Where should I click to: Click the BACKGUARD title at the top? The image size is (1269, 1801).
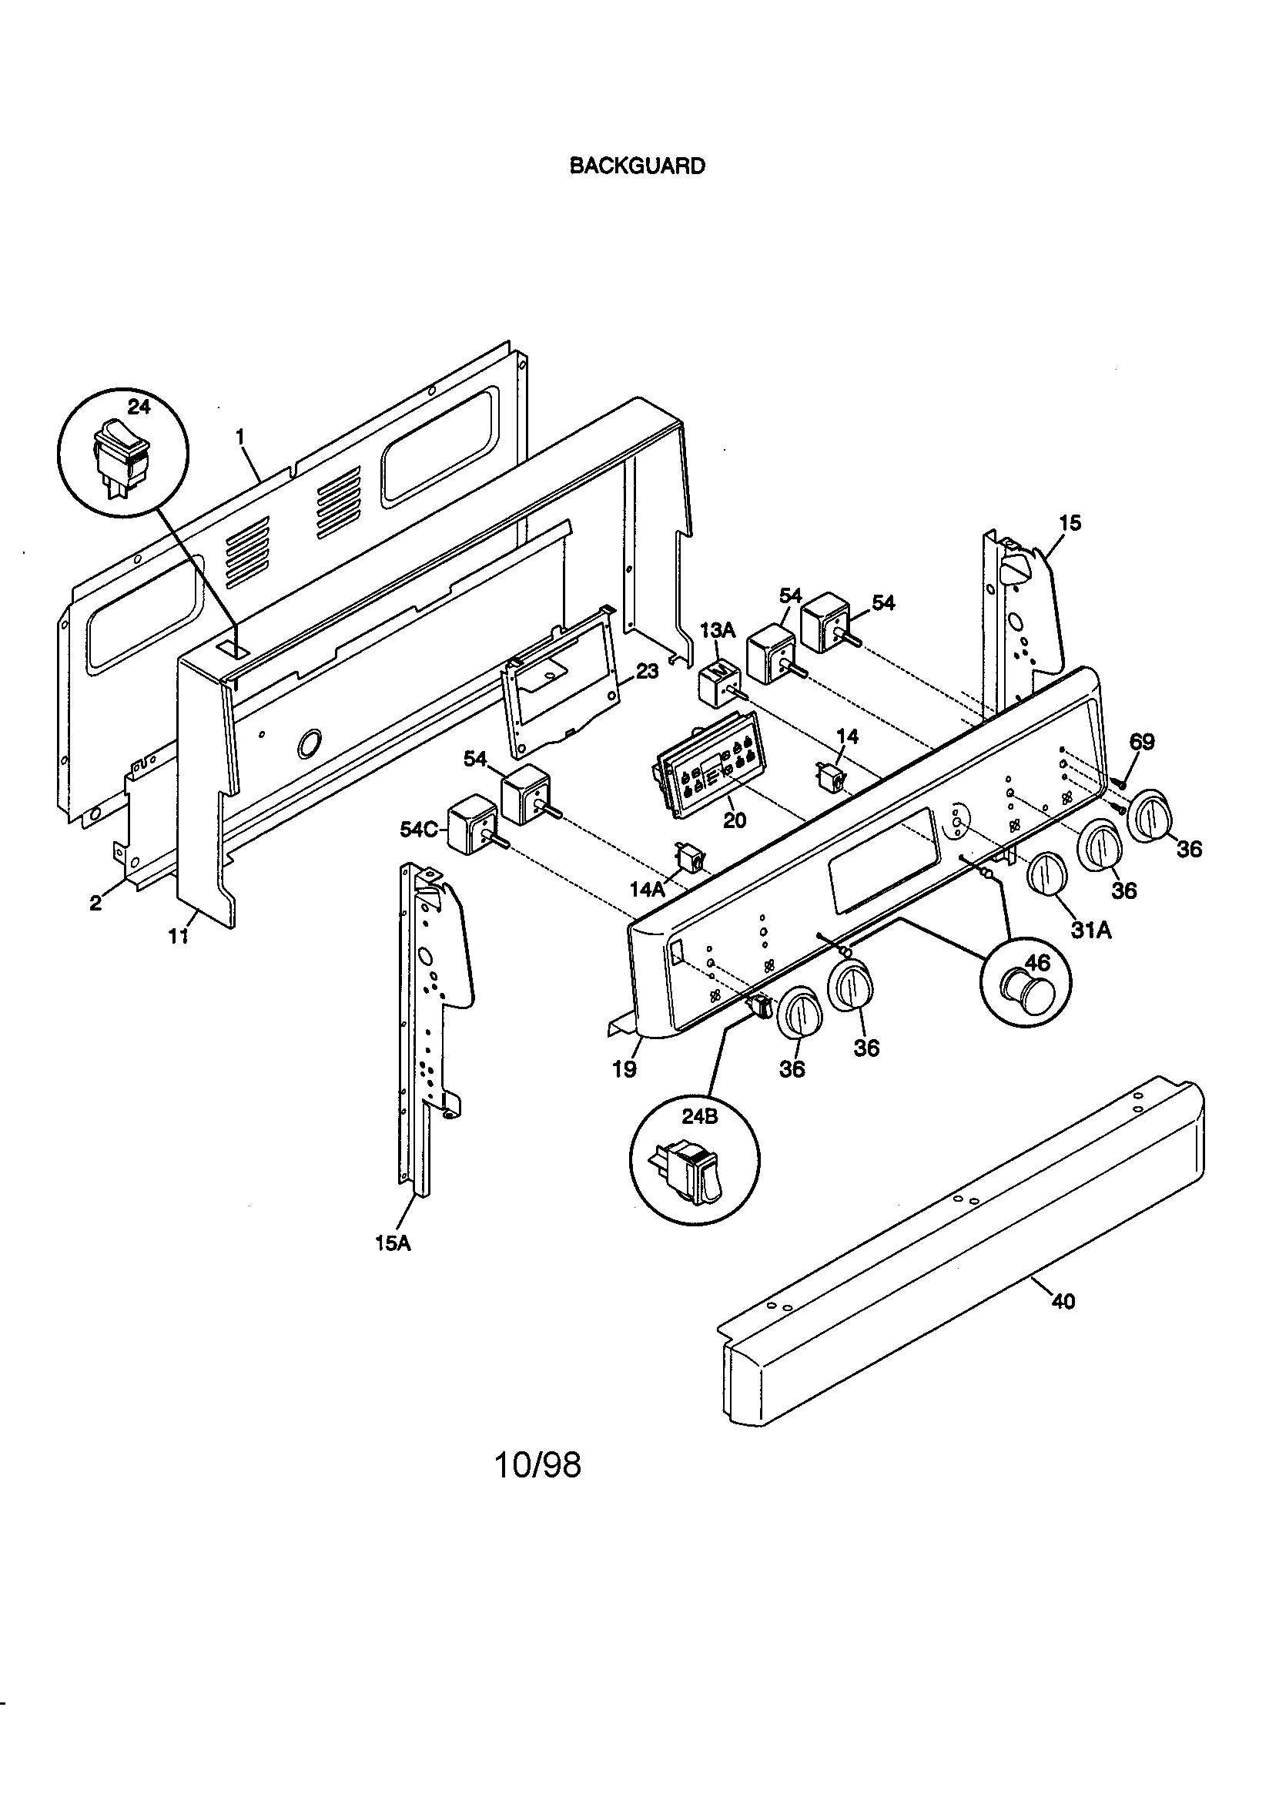tap(636, 166)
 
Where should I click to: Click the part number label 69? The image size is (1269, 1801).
tap(1141, 741)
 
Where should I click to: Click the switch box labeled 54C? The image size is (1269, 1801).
tap(473, 830)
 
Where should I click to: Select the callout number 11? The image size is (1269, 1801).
tap(179, 936)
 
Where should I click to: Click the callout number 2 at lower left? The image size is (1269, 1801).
tap(95, 903)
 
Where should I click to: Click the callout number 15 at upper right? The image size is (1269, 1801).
tap(1070, 522)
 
